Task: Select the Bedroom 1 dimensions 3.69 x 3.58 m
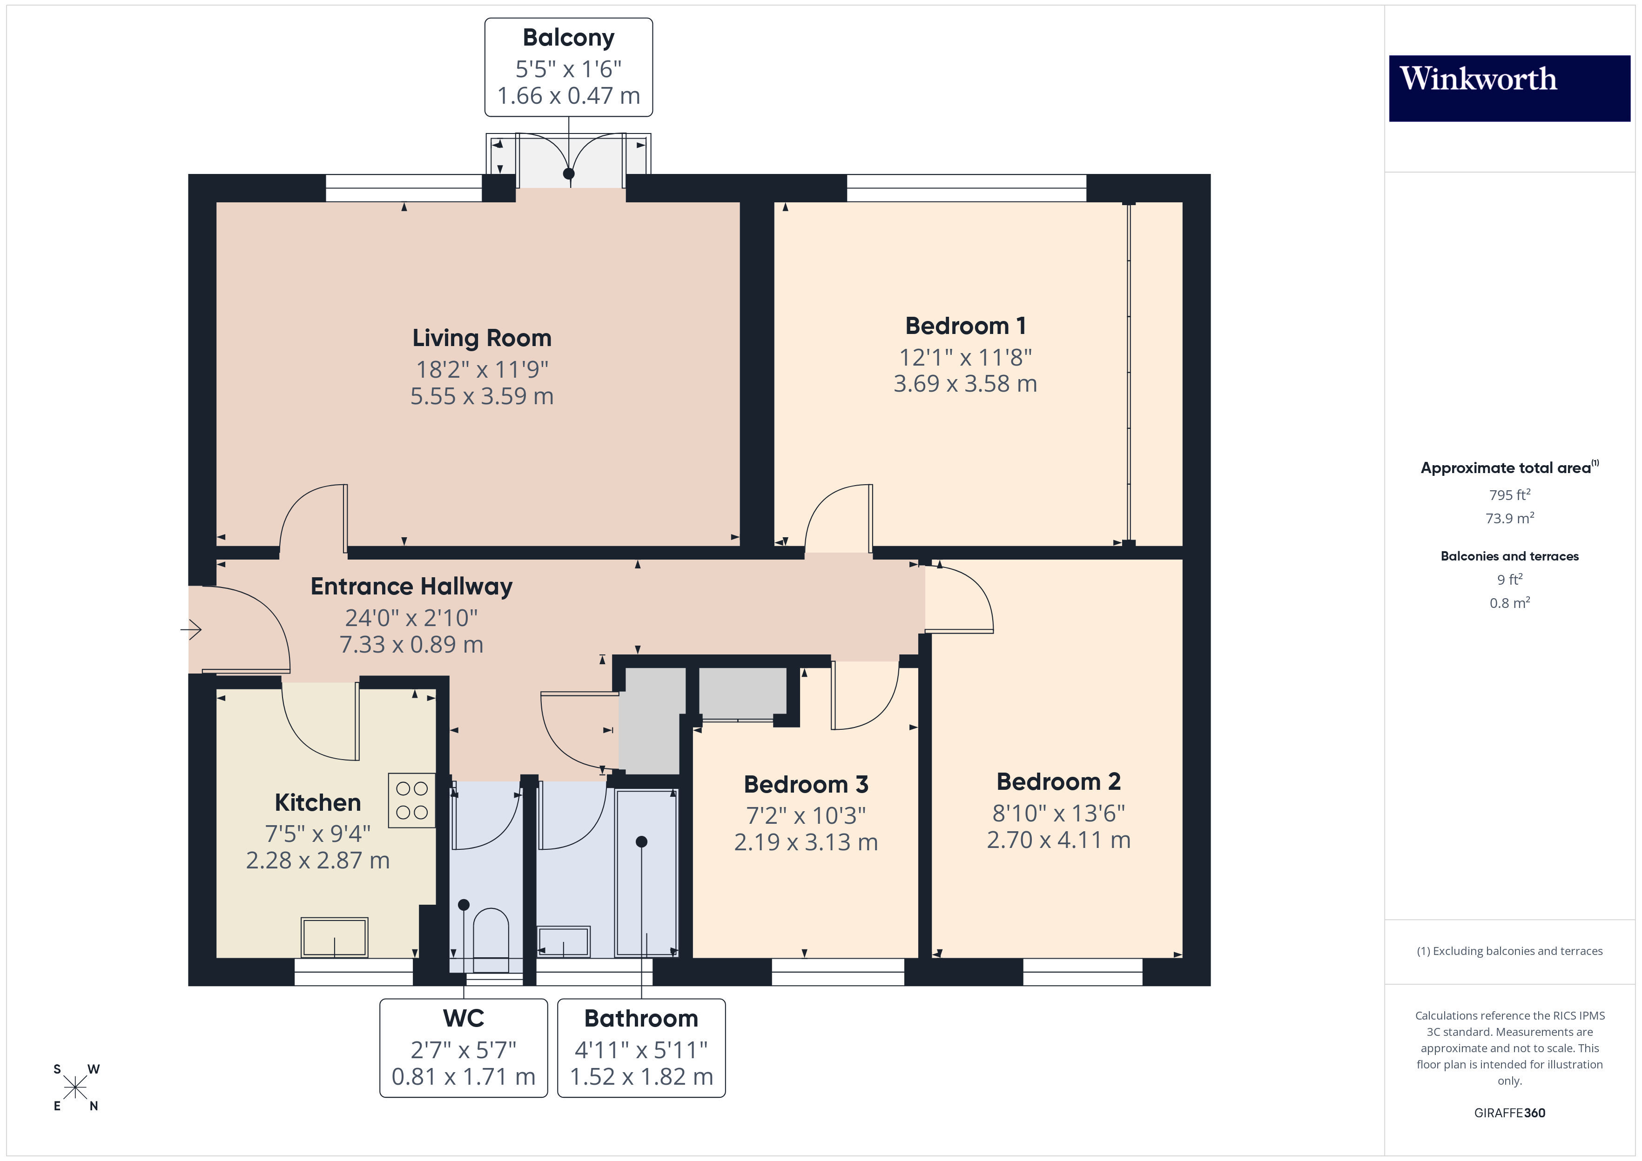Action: pos(965,384)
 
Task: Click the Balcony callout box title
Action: pos(569,38)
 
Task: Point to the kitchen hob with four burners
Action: pos(412,800)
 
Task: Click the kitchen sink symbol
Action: pos(334,936)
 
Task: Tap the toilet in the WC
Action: pos(491,933)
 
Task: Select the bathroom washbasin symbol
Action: pos(564,941)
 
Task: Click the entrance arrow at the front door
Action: pos(191,630)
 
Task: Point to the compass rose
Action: pos(75,1088)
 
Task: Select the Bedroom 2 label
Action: pos(1058,781)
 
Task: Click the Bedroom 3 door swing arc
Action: pos(880,708)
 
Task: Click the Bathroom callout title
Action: pos(641,1018)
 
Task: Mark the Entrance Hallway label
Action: pos(411,586)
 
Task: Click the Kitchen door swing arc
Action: pos(308,736)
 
